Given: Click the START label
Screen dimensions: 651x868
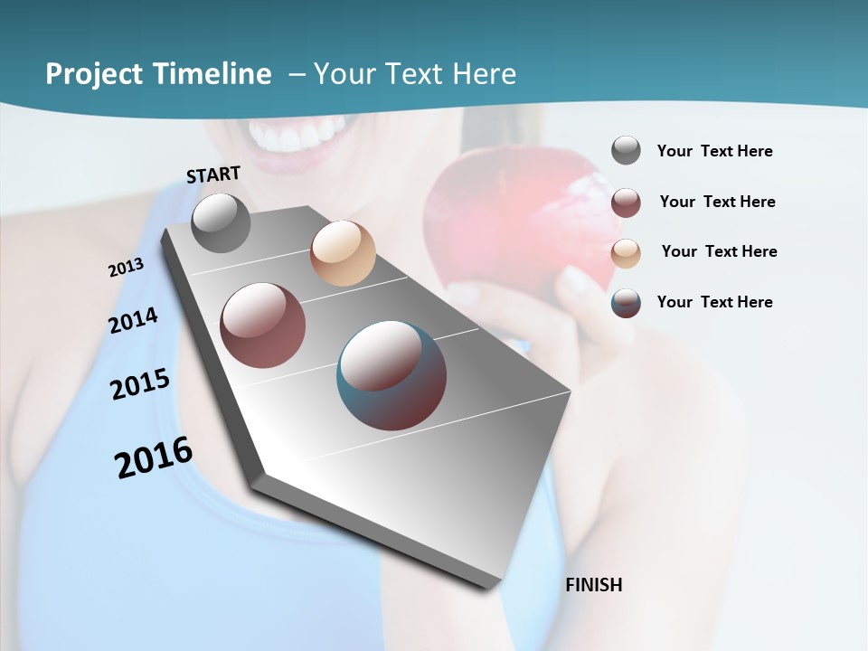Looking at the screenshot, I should coord(213,175).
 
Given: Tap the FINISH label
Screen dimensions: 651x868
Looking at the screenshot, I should coord(594,585).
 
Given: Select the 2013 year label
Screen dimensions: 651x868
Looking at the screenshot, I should coord(126,268).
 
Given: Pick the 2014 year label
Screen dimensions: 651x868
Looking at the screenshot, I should coord(133,321).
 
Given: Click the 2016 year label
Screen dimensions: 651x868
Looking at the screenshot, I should coord(154,458).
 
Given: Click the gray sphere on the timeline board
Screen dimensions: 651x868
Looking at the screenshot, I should coord(221,222).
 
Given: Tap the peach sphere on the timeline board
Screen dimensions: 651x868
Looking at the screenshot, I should coord(343,253).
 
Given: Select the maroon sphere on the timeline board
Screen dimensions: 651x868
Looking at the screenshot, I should coord(263,325).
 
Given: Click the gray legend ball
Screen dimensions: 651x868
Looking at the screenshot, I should coord(626,150).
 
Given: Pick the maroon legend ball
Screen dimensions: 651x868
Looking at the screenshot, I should coord(626,203).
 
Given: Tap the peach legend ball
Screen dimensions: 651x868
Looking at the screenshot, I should coord(626,253).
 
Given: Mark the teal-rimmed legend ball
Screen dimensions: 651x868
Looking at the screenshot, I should coord(626,303).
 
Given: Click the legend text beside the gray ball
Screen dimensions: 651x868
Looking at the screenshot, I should coord(714,151).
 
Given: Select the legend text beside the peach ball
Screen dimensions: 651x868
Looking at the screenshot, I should coord(719,251).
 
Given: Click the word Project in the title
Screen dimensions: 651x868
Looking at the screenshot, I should coord(96,74).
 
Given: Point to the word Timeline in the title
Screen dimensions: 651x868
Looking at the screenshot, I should coord(213,74).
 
